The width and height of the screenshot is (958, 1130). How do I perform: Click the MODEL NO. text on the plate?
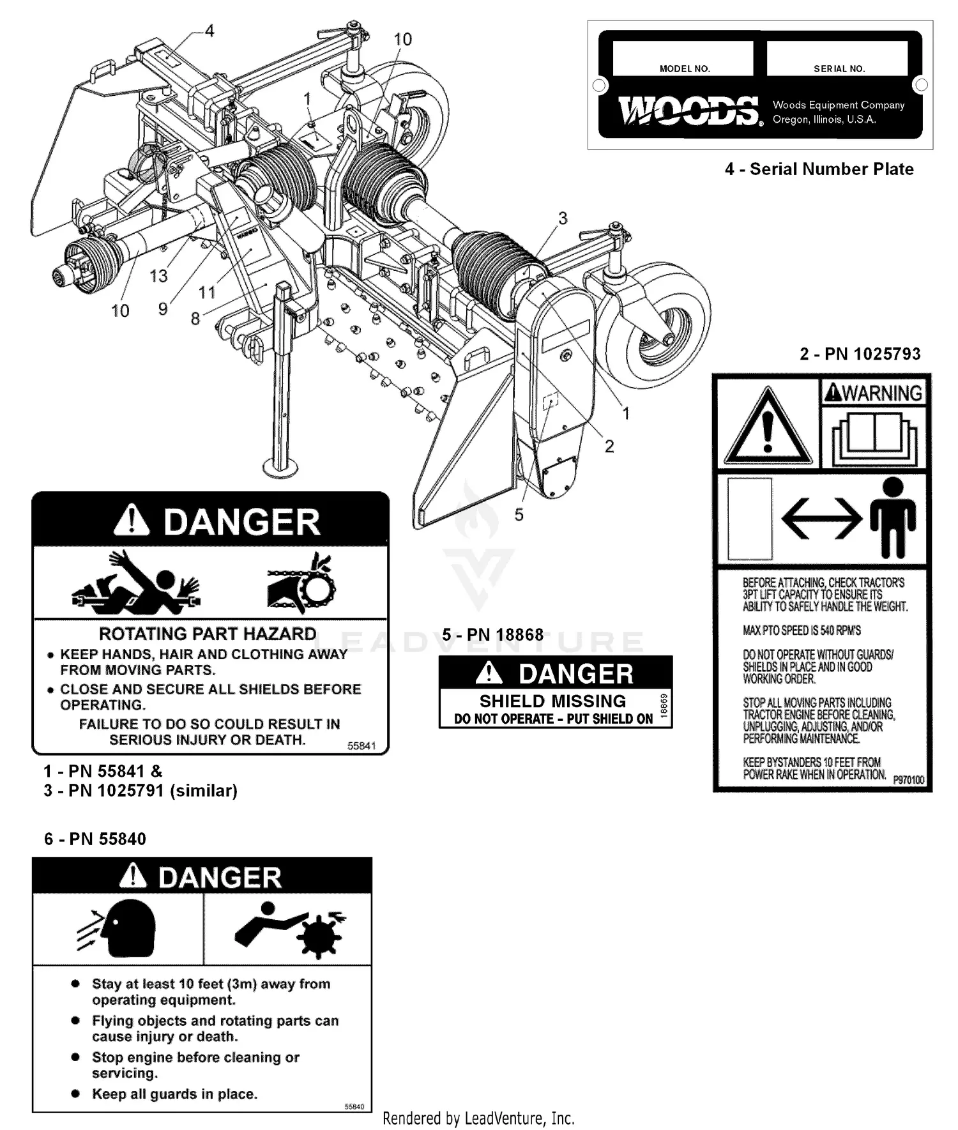pos(685,69)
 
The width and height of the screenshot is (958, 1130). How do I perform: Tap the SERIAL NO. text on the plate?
pos(839,69)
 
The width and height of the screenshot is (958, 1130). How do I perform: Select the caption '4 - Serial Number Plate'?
pos(819,169)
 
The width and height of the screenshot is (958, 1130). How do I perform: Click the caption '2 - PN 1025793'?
pos(860,354)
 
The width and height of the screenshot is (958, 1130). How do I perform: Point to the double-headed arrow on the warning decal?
pos(821,517)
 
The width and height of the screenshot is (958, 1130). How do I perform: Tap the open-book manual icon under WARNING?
pos(873,436)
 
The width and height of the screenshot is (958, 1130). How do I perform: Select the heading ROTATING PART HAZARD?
pos(208,634)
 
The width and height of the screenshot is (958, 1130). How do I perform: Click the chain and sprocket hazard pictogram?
pos(302,583)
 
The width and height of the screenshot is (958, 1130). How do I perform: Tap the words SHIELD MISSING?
pos(552,701)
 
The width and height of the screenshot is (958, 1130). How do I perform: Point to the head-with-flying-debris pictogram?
pos(118,928)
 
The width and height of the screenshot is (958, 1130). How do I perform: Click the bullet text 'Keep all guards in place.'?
pos(174,1094)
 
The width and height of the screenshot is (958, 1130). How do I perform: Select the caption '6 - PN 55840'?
pos(95,839)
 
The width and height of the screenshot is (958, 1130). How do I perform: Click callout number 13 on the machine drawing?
pos(158,276)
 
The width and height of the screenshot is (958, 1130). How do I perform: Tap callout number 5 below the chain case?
pos(519,514)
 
